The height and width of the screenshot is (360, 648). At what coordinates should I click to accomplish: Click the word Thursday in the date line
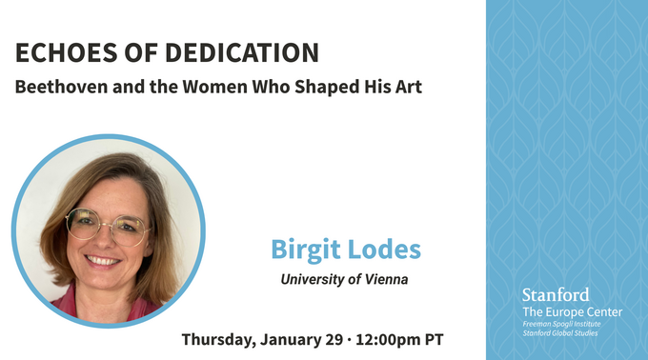click(x=221, y=339)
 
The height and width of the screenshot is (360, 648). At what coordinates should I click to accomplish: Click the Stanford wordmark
click(x=556, y=294)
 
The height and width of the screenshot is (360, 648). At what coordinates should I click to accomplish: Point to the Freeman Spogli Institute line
click(x=570, y=325)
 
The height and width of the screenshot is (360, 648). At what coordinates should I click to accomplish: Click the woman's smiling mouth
click(x=103, y=259)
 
